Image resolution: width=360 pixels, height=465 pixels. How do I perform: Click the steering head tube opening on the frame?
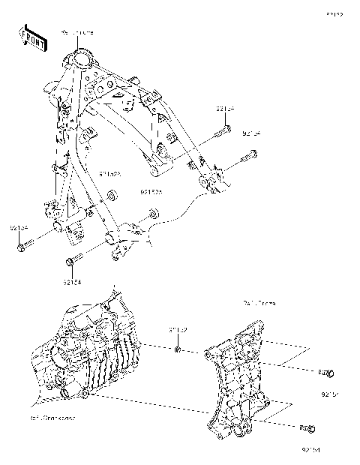(x=82, y=58)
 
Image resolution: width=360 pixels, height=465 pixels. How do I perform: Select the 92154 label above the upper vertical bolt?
(x=224, y=109)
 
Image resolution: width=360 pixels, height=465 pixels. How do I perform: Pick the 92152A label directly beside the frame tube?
(x=110, y=173)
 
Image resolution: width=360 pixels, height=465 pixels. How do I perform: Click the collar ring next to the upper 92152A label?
(x=112, y=196)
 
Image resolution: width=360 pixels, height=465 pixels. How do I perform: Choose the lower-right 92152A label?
(x=151, y=192)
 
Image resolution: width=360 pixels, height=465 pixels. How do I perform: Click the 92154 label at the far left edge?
(x=19, y=227)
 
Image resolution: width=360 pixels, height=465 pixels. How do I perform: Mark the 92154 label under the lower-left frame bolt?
(x=72, y=283)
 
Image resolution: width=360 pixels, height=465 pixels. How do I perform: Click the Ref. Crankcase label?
(x=52, y=416)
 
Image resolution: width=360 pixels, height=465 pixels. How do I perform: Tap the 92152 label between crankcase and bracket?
(x=177, y=329)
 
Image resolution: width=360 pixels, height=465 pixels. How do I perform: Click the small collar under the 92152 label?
(x=177, y=347)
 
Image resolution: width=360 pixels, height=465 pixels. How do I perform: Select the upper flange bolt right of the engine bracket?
(x=326, y=373)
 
